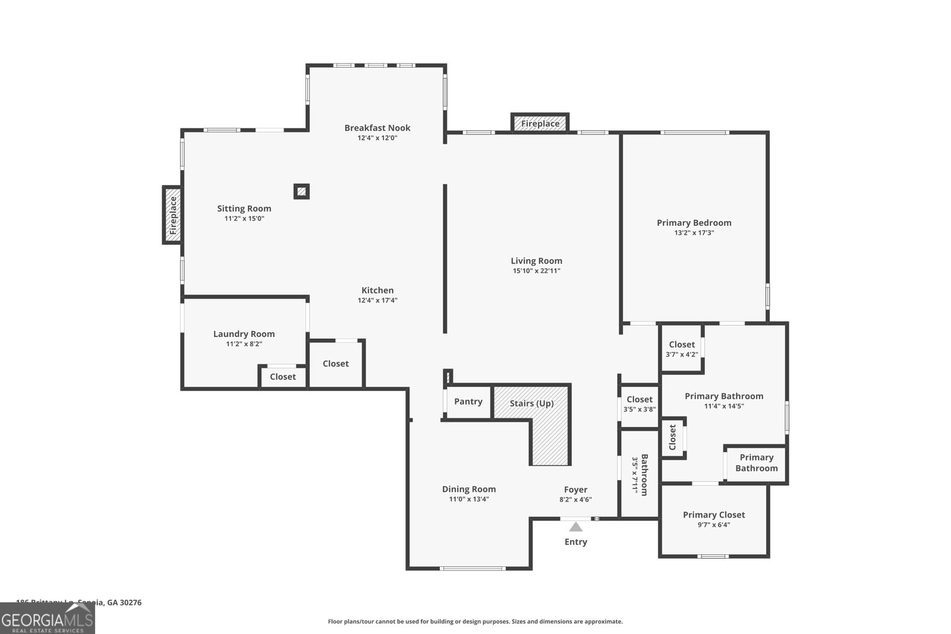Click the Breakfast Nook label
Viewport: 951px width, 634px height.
(x=377, y=128)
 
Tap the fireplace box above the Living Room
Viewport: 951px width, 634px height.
(x=540, y=124)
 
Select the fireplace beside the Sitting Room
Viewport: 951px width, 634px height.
(x=172, y=215)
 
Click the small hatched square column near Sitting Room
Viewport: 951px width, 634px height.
(x=301, y=191)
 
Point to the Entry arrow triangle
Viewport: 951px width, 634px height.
(x=575, y=526)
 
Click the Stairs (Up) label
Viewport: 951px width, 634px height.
(x=531, y=403)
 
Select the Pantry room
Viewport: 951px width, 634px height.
(x=468, y=402)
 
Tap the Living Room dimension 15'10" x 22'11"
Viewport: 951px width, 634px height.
(x=536, y=271)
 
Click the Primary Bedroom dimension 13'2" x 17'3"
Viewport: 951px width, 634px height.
(x=694, y=233)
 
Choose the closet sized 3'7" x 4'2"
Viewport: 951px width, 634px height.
(x=681, y=349)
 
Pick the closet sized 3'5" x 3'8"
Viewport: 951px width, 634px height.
(x=639, y=404)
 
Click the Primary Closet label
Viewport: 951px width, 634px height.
(x=713, y=515)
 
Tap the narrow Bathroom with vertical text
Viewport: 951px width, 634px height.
(x=640, y=474)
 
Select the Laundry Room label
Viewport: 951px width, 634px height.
(x=244, y=334)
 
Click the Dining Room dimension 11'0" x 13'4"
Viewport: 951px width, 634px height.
(x=468, y=499)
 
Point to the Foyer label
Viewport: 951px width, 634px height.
(x=575, y=490)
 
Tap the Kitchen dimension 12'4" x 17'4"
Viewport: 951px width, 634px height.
(x=377, y=301)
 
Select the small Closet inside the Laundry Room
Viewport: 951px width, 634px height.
(x=282, y=377)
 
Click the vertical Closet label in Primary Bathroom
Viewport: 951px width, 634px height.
(x=672, y=437)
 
